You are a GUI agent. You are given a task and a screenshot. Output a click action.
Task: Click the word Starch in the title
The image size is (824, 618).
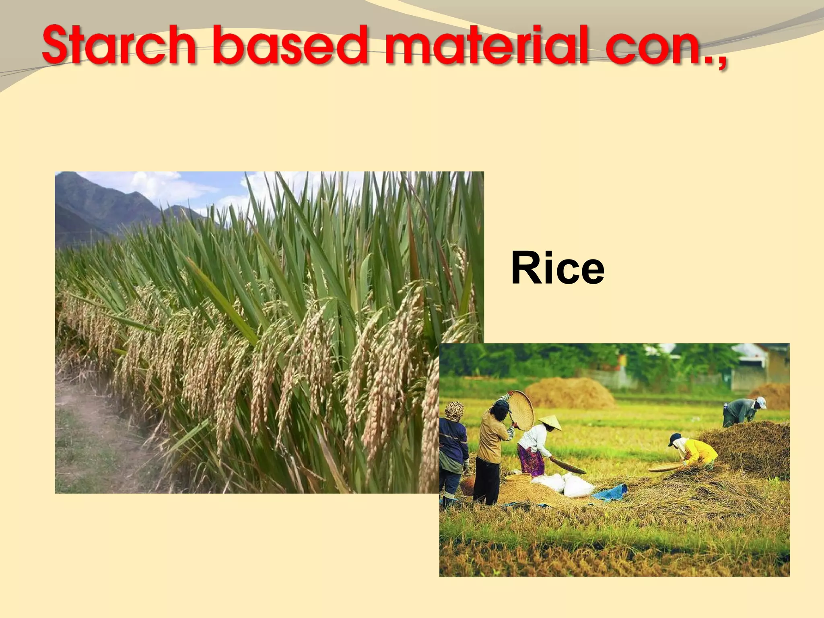(x=119, y=45)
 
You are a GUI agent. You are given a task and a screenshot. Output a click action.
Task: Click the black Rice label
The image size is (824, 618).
(x=558, y=268)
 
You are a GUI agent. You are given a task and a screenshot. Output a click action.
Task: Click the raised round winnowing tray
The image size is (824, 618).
(x=521, y=410)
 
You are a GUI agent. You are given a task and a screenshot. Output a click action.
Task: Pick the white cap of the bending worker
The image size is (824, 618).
(x=761, y=402)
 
